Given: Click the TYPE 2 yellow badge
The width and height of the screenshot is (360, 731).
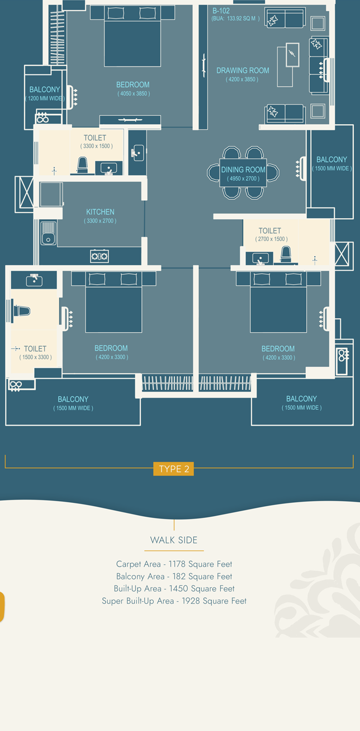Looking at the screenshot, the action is (173, 469).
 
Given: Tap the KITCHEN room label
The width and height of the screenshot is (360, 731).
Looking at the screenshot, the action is (100, 212).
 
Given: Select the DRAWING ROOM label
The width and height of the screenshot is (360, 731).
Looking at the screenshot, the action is (243, 70).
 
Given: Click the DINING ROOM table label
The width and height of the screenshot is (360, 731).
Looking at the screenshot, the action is (243, 169).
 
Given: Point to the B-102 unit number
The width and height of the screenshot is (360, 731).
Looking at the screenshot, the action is (221, 11).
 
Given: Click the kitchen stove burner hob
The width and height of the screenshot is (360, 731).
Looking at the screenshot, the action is (100, 256).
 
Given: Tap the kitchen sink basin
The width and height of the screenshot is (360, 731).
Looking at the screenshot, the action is (48, 233).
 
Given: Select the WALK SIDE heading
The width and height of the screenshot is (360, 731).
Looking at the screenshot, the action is (174, 540).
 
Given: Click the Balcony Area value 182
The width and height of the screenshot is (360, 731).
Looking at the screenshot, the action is (179, 576).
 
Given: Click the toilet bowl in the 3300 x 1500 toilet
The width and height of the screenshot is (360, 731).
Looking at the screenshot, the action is (83, 165).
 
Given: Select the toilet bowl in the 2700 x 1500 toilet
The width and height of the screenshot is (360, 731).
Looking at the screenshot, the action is (286, 254).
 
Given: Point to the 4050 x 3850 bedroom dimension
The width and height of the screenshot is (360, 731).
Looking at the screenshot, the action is (134, 93).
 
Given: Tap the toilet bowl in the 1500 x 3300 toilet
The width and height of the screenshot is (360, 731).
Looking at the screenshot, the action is (21, 311).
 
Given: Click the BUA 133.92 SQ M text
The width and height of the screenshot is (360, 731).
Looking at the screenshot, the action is (235, 18).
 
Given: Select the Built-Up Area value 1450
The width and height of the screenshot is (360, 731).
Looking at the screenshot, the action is (179, 588).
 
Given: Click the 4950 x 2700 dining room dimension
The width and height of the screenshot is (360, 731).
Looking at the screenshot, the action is (243, 178).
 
